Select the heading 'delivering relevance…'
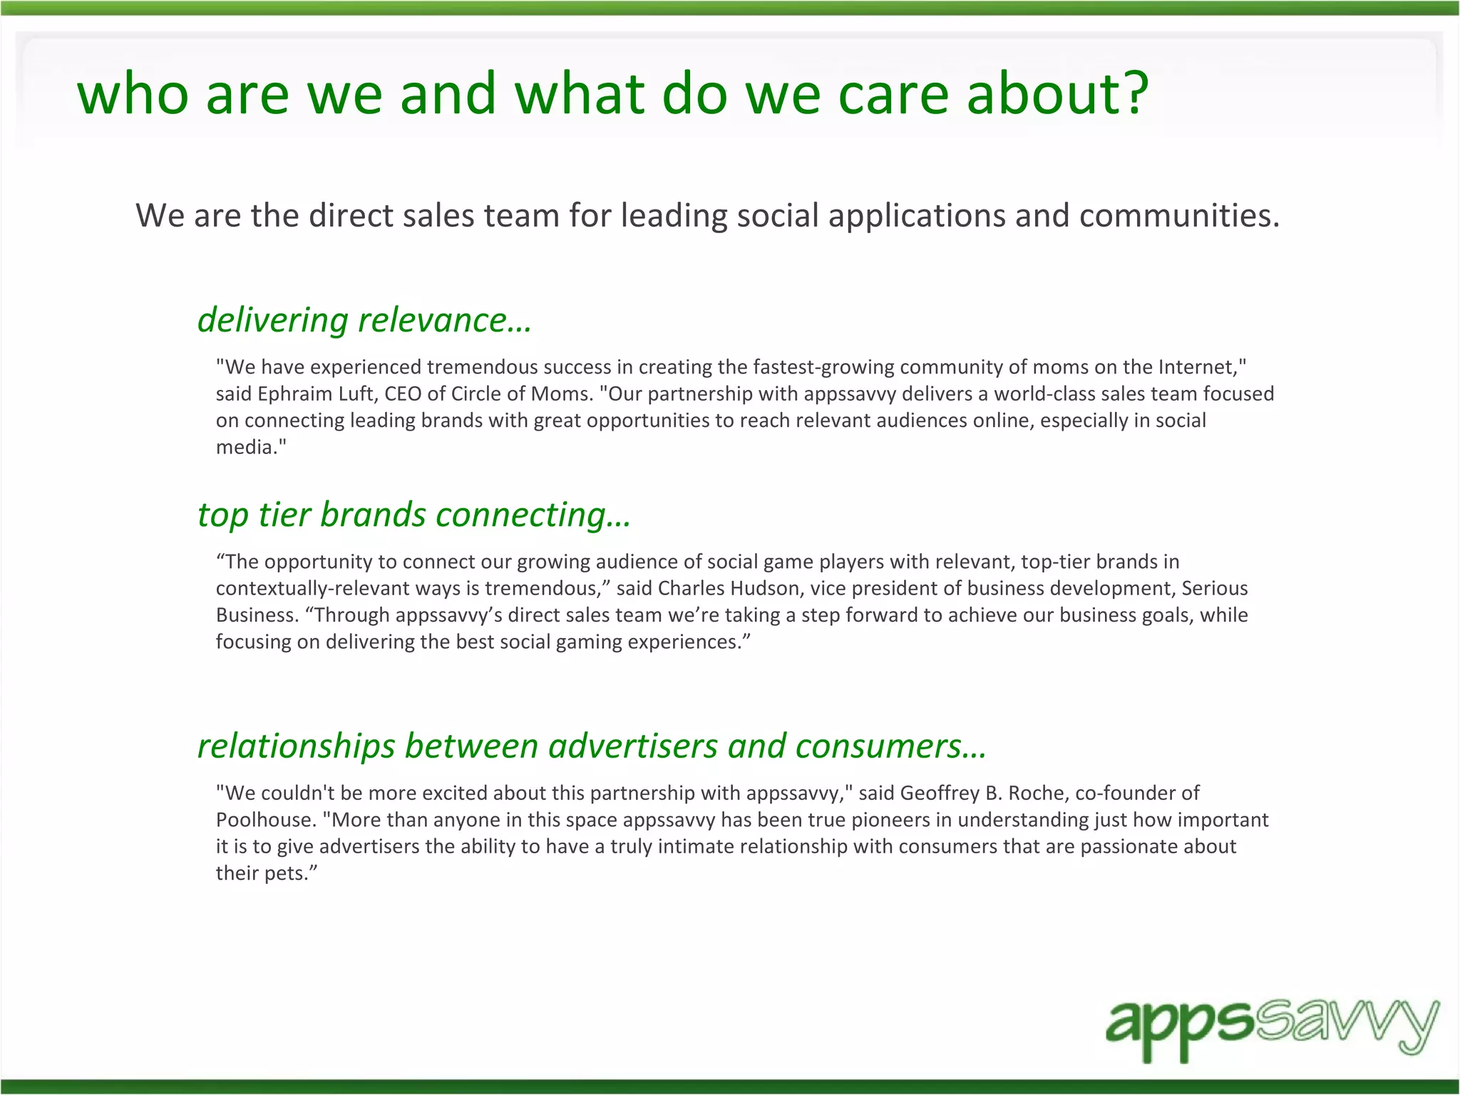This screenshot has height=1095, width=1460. pyautogui.click(x=364, y=320)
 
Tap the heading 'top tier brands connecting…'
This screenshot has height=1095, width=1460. pyautogui.click(x=414, y=515)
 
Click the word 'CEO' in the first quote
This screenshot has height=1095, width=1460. pyautogui.click(x=403, y=394)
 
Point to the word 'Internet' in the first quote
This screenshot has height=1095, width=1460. pyautogui.click(x=1197, y=367)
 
